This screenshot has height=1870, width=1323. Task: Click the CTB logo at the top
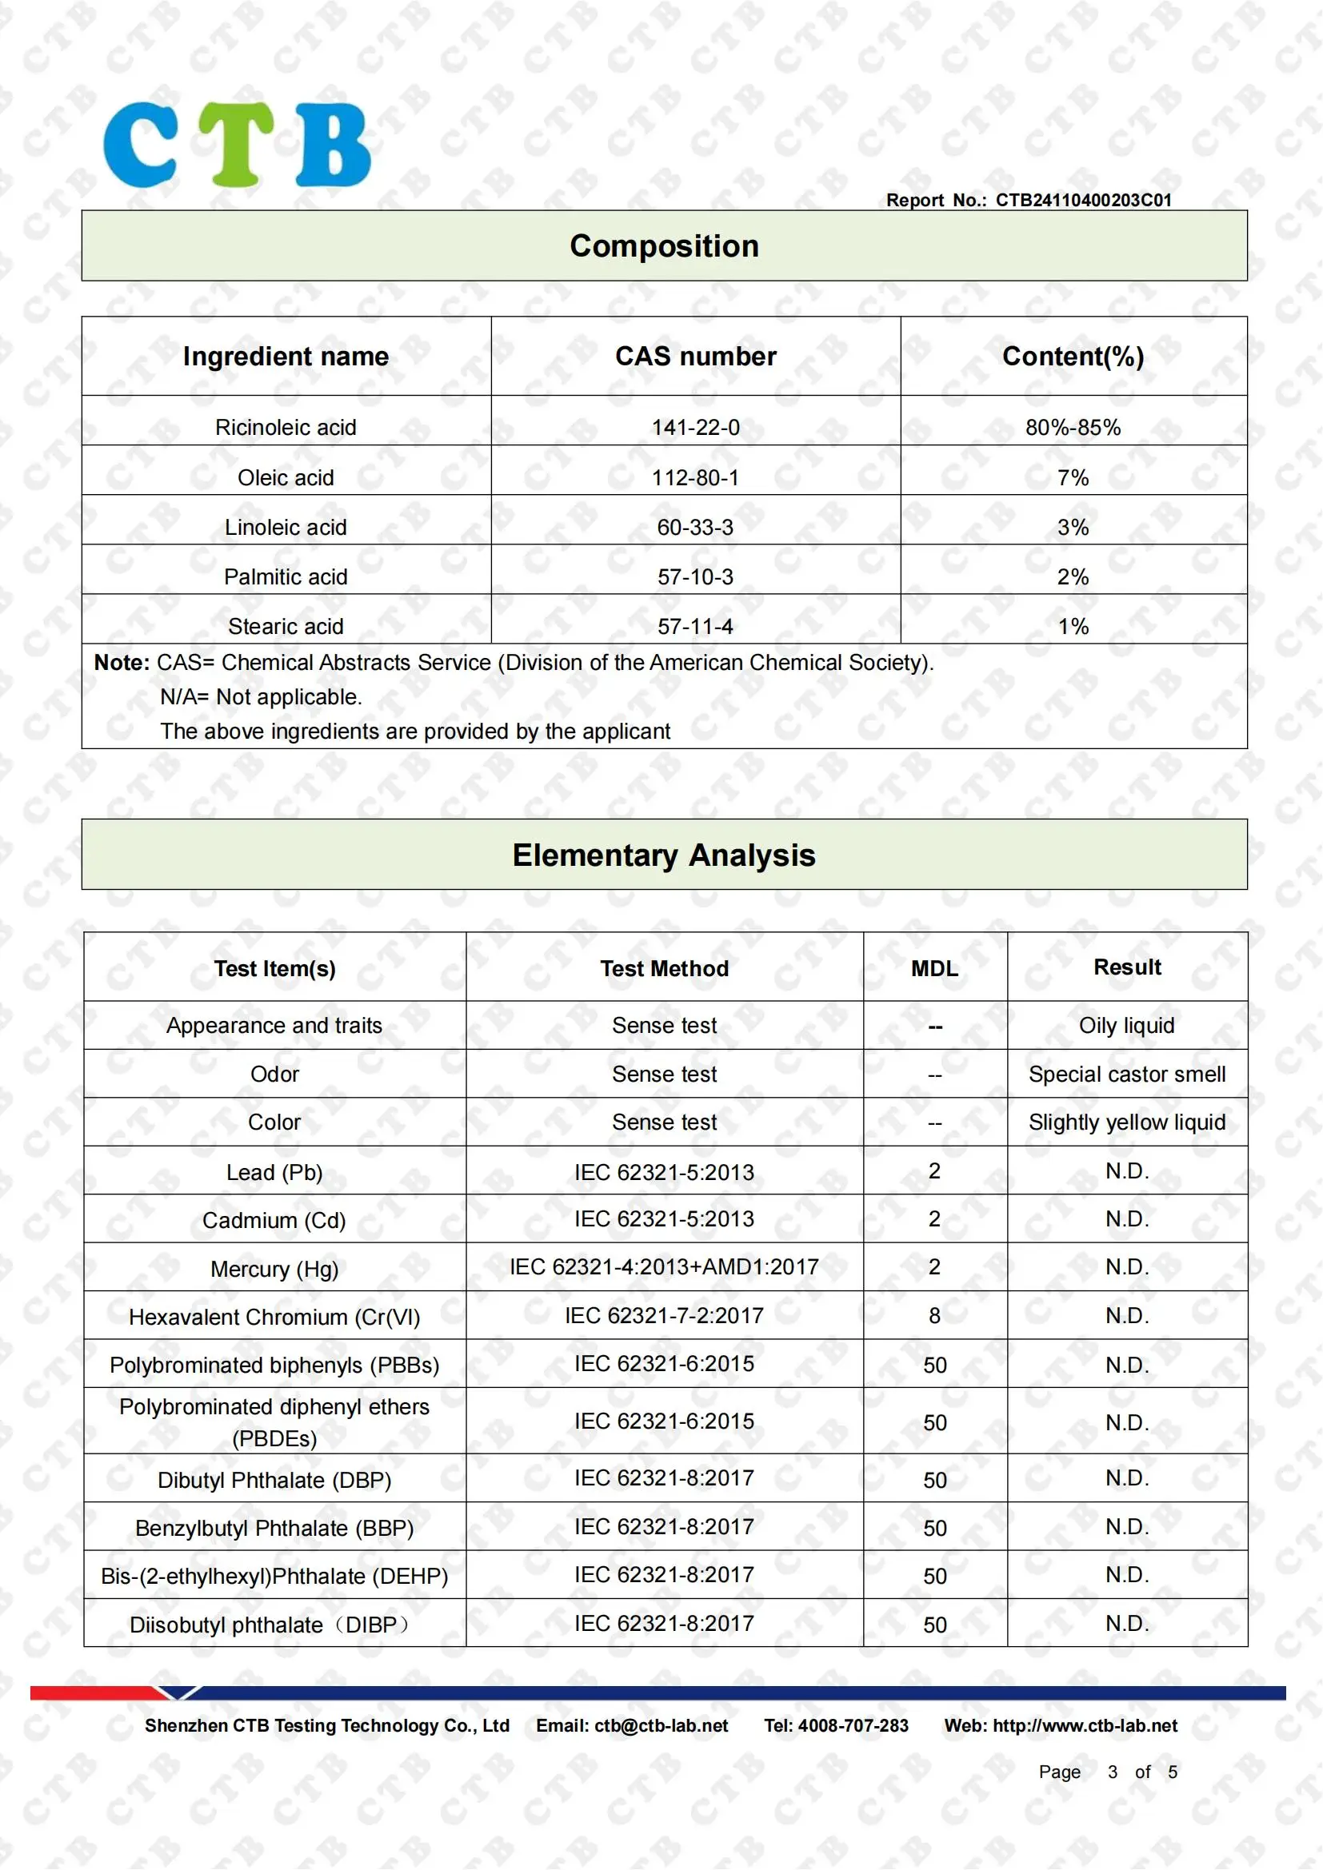[x=236, y=145]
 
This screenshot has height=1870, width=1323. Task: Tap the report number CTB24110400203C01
[x=1083, y=201]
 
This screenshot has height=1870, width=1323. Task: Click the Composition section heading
[x=664, y=246]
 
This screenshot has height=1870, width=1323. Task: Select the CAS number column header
[x=695, y=357]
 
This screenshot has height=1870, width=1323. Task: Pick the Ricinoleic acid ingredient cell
[x=285, y=428]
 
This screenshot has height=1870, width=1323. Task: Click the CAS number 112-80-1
[x=695, y=478]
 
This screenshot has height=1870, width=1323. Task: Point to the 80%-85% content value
[x=1073, y=428]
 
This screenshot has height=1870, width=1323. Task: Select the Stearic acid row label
[x=285, y=626]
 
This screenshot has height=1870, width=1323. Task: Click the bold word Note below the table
[x=122, y=663]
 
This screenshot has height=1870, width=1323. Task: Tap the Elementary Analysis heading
[x=664, y=855]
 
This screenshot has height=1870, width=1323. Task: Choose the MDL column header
[x=934, y=968]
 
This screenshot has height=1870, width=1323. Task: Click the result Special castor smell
[x=1127, y=1075]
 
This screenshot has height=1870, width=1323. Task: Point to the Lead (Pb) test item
[x=274, y=1173]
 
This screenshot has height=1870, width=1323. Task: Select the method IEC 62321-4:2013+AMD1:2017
[x=664, y=1267]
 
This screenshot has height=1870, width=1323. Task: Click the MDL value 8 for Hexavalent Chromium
[x=934, y=1316]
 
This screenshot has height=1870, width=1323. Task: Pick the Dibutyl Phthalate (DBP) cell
[x=274, y=1480]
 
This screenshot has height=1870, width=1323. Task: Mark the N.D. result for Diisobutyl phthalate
[x=1127, y=1624]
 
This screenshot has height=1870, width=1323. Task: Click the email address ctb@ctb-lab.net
[x=661, y=1726]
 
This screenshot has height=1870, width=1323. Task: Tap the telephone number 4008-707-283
[x=853, y=1726]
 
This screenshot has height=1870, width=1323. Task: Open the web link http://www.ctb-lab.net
[x=1085, y=1726]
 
